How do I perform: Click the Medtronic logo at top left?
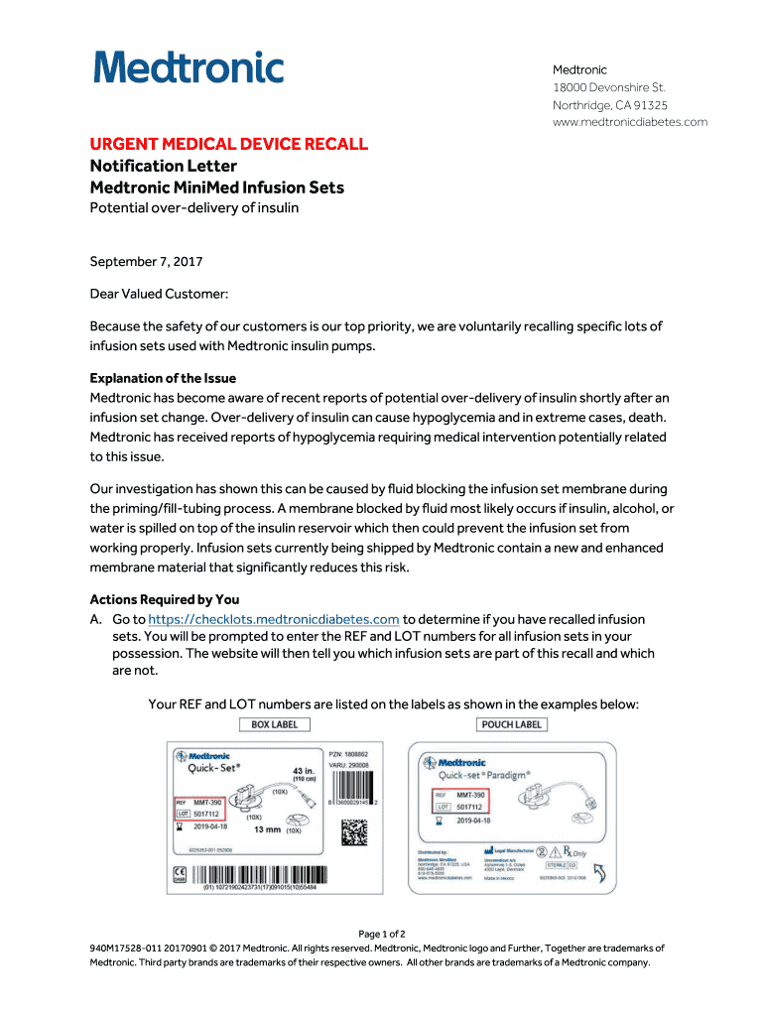point(189,68)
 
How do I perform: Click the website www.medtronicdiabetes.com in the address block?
point(630,122)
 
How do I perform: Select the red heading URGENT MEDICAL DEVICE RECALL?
point(229,145)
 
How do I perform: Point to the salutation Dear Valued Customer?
point(159,294)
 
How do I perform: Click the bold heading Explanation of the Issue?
point(163,378)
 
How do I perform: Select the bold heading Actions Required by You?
point(165,599)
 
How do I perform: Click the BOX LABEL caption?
point(274,724)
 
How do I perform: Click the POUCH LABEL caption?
point(511,724)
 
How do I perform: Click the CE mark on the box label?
point(180,875)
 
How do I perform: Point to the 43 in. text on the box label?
point(303,770)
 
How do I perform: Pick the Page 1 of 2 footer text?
point(382,934)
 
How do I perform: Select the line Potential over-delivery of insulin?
point(194,207)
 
